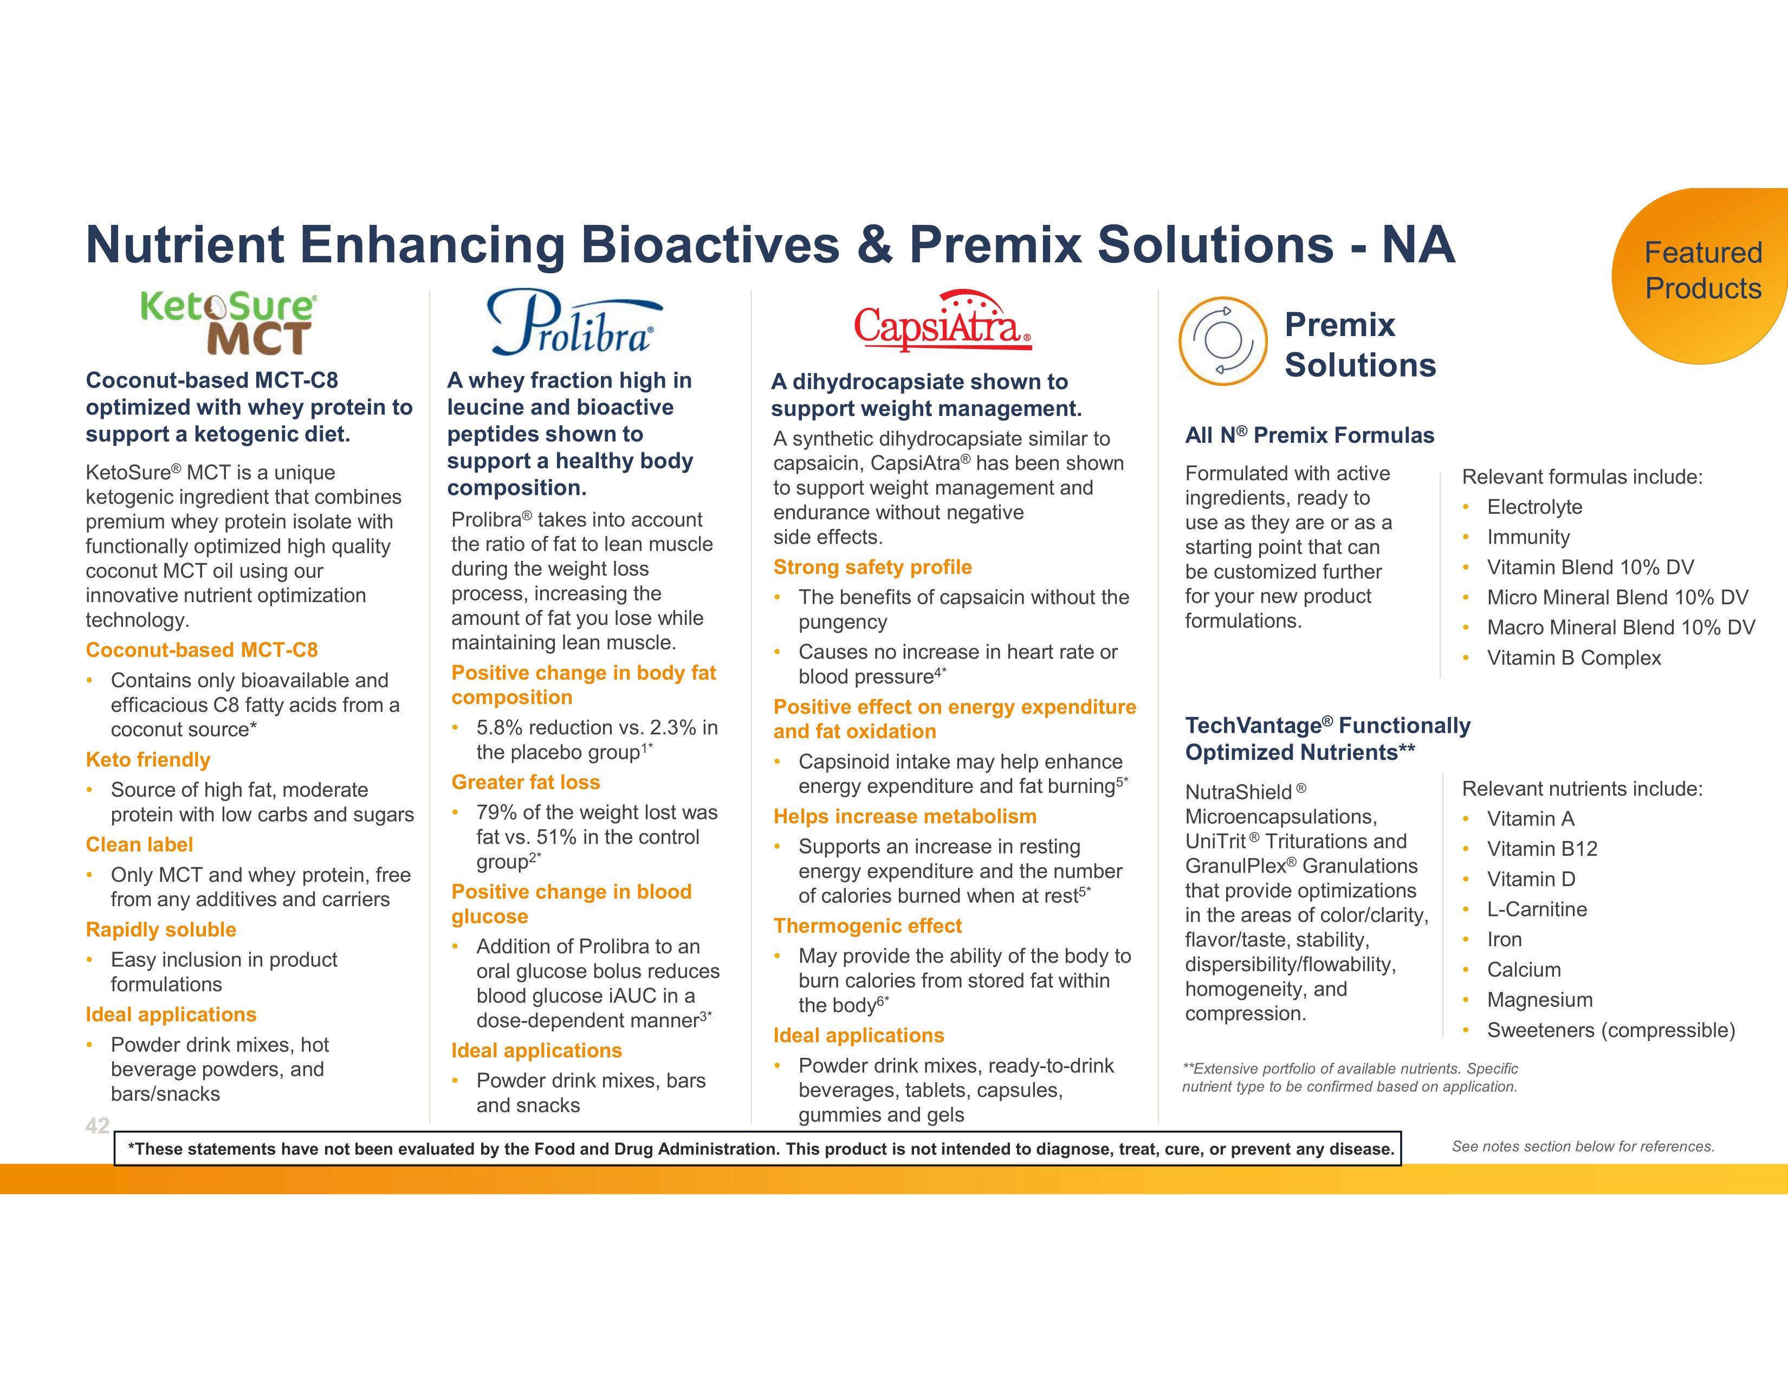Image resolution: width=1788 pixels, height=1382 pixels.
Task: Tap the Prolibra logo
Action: pos(575,322)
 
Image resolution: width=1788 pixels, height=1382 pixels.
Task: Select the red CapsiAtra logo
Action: pos(942,320)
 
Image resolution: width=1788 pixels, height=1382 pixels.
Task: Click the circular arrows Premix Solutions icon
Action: pos(1223,340)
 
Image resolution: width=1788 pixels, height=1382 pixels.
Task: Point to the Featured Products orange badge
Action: pos(1701,276)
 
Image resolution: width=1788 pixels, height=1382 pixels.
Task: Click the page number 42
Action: pos(98,1126)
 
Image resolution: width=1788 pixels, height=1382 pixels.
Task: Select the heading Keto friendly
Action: pos(148,760)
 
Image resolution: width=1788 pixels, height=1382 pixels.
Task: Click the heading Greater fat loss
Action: pos(526,782)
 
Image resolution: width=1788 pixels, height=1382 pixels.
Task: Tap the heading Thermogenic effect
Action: pos(868,926)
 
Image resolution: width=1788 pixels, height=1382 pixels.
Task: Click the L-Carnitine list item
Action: pos(1537,909)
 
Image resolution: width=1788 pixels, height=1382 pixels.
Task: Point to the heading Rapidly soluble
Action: pos(161,929)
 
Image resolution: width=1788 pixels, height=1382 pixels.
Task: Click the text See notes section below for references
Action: pos(1583,1146)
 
